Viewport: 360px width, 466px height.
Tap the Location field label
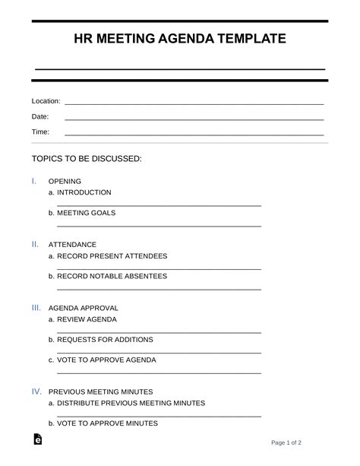coord(46,101)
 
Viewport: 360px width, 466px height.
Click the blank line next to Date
coord(194,119)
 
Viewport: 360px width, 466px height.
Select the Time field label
coord(40,132)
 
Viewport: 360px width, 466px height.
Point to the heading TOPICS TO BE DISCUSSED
coord(87,159)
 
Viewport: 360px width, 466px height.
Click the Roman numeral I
coord(33,181)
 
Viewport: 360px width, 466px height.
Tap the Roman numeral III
coord(36,308)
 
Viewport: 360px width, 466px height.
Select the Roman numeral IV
coord(36,392)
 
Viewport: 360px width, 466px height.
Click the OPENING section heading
coord(65,182)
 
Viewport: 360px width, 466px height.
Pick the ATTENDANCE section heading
coord(72,245)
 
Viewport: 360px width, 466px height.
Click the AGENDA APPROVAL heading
coord(83,309)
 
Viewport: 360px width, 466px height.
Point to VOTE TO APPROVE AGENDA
coord(106,360)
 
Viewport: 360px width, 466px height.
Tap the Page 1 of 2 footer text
coord(287,442)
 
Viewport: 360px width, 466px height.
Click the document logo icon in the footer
coord(38,441)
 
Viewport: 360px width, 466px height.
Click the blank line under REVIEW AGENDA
coord(159,332)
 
